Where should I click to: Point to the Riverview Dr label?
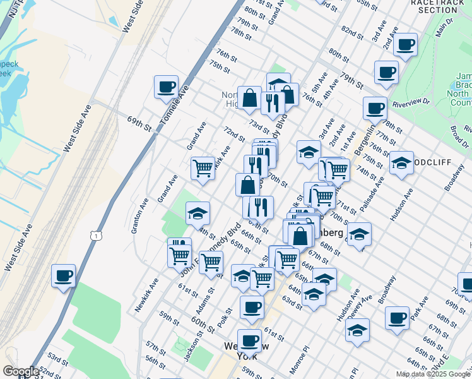click(411, 102)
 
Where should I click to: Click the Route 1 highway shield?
click(95, 236)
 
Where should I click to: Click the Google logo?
click(20, 371)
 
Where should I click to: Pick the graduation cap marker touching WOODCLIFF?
click(401, 164)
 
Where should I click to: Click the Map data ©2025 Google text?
click(432, 374)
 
